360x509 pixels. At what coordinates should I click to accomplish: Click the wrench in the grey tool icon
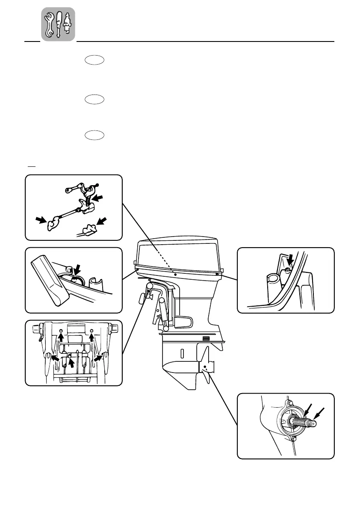click(x=50, y=24)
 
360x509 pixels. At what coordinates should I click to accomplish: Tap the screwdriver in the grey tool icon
click(x=59, y=24)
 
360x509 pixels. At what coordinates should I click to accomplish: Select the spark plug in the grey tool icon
click(x=67, y=24)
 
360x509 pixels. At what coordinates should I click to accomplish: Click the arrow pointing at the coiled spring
click(x=99, y=198)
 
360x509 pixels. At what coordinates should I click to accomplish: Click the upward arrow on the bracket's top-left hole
click(x=61, y=337)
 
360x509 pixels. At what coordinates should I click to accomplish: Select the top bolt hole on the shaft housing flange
click(x=289, y=403)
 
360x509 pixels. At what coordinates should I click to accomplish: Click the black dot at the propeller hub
click(x=206, y=367)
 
